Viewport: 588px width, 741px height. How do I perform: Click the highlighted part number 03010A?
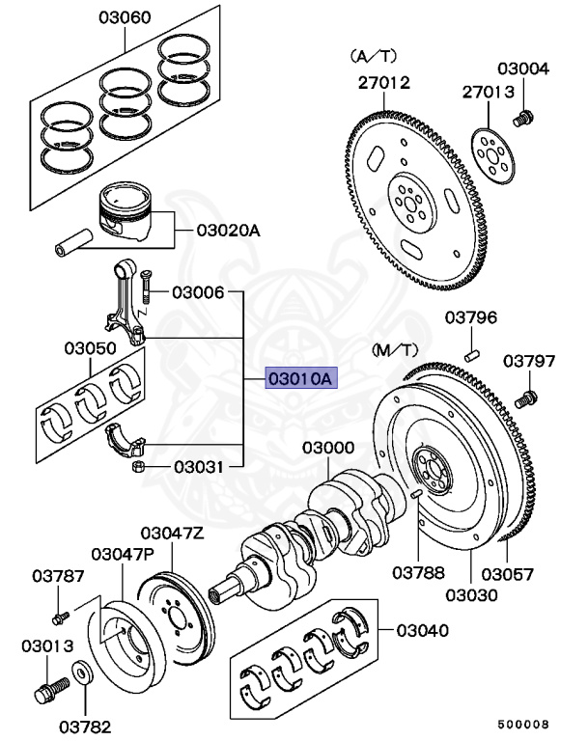click(x=299, y=379)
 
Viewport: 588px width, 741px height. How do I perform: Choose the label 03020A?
click(x=229, y=231)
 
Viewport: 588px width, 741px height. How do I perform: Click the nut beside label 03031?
click(x=138, y=469)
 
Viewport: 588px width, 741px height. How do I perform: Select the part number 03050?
click(x=91, y=347)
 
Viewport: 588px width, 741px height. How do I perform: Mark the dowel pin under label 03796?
click(x=472, y=354)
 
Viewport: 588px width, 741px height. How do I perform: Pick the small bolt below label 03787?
click(x=59, y=614)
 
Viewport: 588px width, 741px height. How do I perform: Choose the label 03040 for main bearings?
click(x=423, y=631)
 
